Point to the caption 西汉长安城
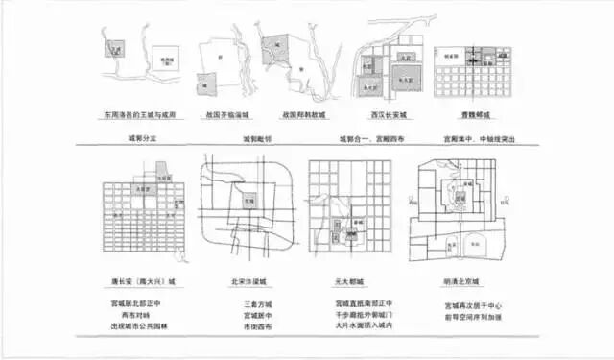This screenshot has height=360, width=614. tap(385, 113)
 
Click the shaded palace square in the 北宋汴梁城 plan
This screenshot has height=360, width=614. tap(248, 203)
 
